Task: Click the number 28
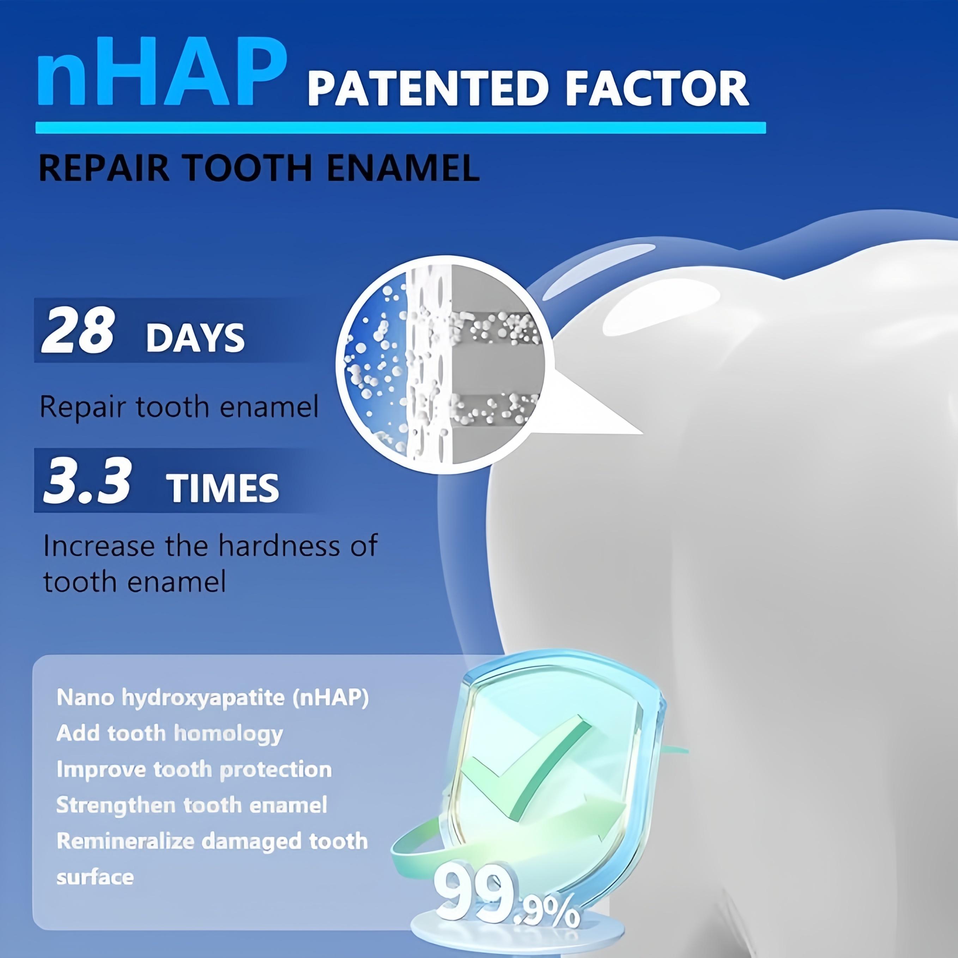78,330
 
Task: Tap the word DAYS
195,338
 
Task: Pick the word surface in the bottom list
95,877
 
